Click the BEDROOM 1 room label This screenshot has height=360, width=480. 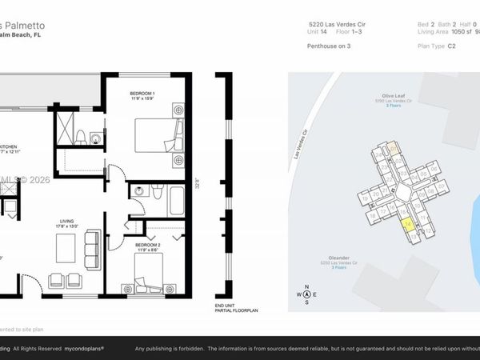pyautogui.click(x=142, y=94)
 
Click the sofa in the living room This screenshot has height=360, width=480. pyautogui.click(x=93, y=246)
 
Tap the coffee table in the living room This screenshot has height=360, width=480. pyautogui.click(x=66, y=248)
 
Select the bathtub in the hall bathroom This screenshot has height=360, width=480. pyautogui.click(x=176, y=200)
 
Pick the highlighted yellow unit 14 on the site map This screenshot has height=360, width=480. pyautogui.click(x=407, y=225)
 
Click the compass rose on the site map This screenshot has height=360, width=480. pyautogui.click(x=306, y=294)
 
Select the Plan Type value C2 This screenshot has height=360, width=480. pyautogui.click(x=452, y=46)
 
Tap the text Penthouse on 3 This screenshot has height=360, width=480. pyautogui.click(x=329, y=46)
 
